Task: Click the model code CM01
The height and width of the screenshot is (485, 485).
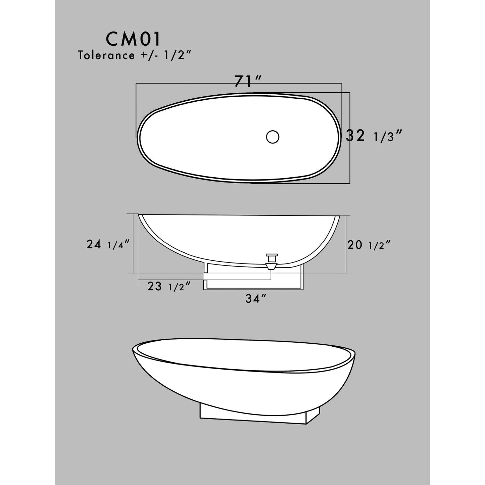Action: tap(134, 39)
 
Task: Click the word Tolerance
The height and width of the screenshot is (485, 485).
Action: tap(106, 55)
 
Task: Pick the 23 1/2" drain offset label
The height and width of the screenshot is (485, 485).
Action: tap(169, 286)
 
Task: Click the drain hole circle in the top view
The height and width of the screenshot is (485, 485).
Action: tap(273, 137)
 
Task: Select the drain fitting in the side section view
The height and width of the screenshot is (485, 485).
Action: tap(271, 261)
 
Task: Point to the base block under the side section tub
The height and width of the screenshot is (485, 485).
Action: tap(253, 279)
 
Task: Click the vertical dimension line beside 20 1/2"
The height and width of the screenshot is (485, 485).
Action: tap(346, 244)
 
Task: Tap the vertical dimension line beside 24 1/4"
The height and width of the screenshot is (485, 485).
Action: tap(134, 244)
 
